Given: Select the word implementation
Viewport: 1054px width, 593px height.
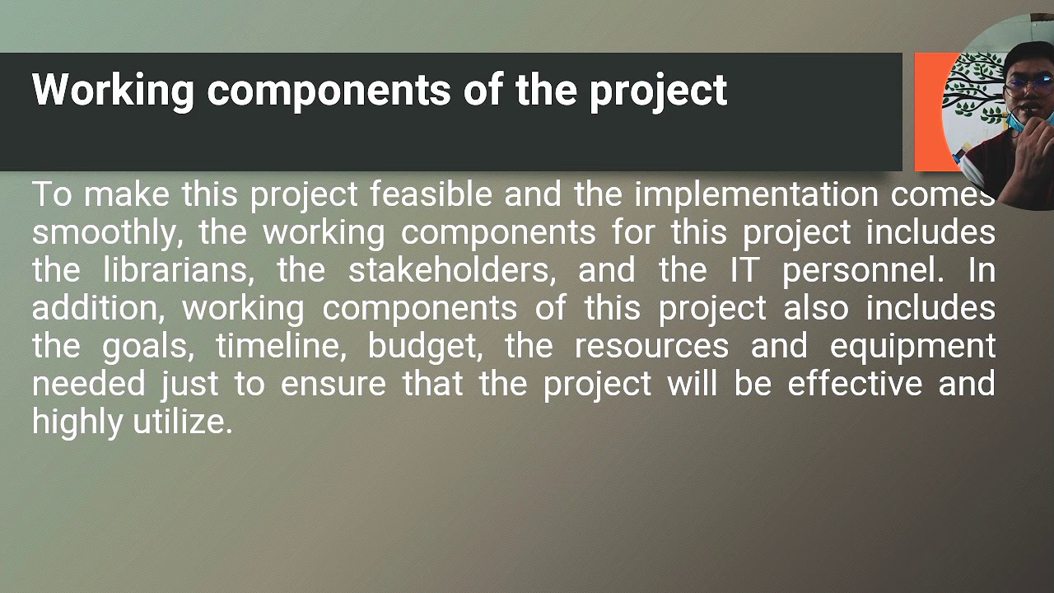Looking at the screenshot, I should tap(756, 195).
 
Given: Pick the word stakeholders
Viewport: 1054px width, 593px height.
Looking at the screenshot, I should tap(451, 271).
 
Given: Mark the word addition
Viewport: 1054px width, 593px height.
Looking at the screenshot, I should tap(98, 309).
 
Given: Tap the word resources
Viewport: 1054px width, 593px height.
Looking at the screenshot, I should tap(651, 346).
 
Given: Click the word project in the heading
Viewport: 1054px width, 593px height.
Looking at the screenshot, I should tap(658, 91).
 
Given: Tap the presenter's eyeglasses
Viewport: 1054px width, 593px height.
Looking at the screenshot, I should tap(1028, 82).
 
